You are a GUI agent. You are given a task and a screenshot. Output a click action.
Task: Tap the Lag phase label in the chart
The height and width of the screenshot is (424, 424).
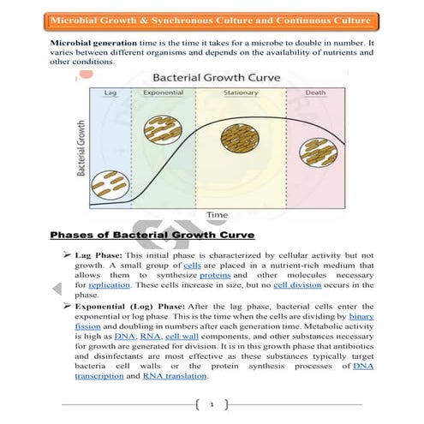(x=110, y=92)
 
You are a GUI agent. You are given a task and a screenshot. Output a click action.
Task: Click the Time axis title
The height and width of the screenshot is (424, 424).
(x=215, y=213)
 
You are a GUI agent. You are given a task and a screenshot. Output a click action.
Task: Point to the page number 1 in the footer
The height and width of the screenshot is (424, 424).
(x=212, y=402)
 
